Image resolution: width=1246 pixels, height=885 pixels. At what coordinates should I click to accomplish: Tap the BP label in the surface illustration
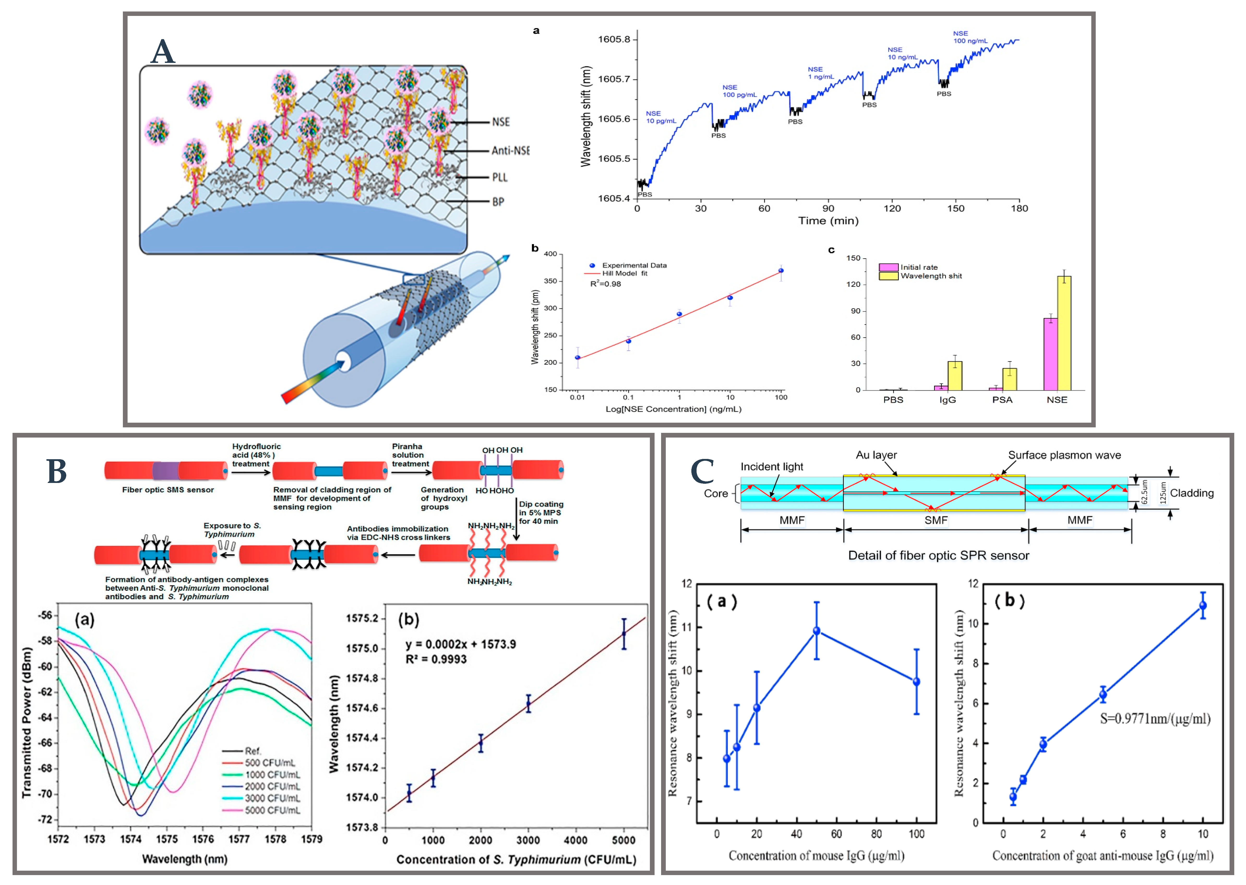(498, 202)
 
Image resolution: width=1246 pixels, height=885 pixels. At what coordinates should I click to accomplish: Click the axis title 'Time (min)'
(828, 221)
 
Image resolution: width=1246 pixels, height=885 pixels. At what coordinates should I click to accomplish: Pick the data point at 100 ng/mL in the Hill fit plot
(781, 271)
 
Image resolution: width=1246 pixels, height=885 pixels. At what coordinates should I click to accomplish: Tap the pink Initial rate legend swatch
(888, 267)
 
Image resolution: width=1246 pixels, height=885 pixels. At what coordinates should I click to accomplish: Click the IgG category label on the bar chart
(948, 400)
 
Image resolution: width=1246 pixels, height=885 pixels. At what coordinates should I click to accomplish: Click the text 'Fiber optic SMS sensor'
(168, 490)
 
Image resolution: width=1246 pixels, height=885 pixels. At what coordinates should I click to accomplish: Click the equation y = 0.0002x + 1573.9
(460, 644)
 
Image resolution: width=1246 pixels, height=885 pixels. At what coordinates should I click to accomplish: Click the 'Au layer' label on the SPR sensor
(876, 455)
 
